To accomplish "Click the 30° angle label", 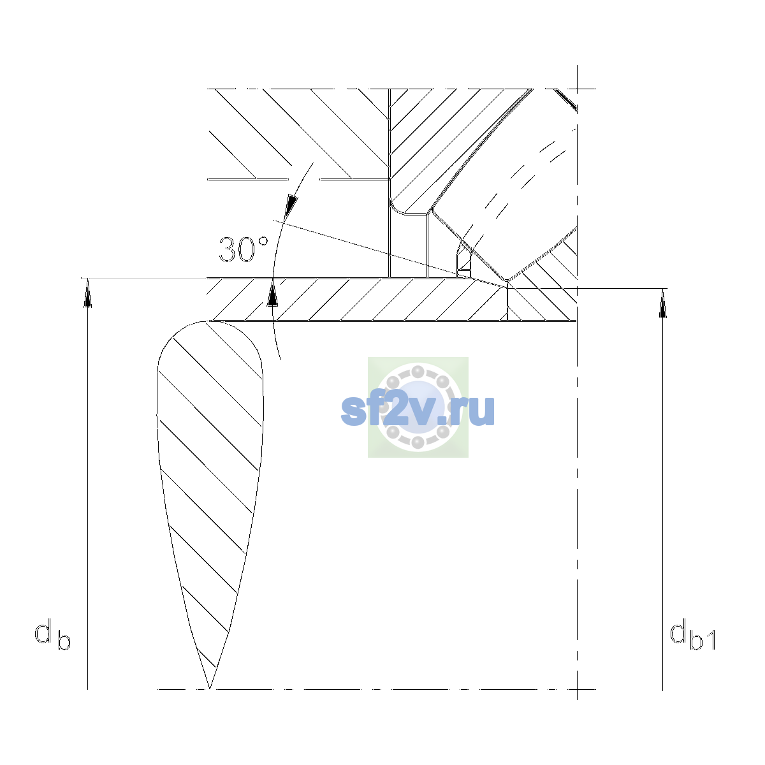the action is pyautogui.click(x=244, y=250).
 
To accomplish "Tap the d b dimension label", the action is pyautogui.click(x=52, y=634).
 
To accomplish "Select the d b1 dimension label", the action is pyautogui.click(x=693, y=634).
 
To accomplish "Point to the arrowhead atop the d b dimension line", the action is pyautogui.click(x=88, y=293).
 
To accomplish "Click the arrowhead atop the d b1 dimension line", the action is pyautogui.click(x=662, y=303).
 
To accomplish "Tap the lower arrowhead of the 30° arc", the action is pyautogui.click(x=272, y=293).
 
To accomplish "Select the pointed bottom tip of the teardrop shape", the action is pyautogui.click(x=210, y=688).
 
